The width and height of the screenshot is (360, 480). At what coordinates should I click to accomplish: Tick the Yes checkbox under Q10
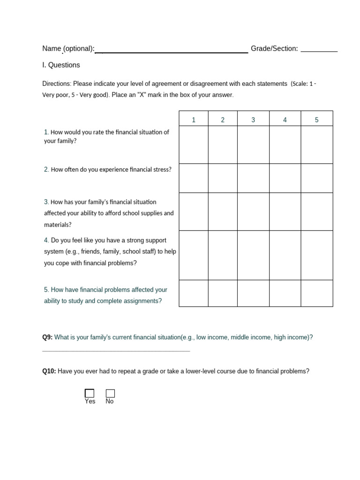click(90, 393)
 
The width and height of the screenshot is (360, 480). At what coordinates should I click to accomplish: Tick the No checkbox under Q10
click(110, 393)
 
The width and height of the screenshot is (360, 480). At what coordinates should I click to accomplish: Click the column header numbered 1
click(194, 120)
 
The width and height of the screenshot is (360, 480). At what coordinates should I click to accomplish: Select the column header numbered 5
click(317, 120)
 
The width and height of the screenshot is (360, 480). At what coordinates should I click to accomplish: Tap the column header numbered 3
click(253, 120)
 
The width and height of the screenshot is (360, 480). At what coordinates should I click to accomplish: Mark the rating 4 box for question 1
click(285, 144)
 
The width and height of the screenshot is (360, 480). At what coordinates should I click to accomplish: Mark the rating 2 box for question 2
click(223, 178)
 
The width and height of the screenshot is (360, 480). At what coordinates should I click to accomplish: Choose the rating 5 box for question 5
click(317, 293)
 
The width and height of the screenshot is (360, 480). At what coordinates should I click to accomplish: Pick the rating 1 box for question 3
click(194, 211)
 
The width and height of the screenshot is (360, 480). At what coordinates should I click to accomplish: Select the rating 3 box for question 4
click(253, 255)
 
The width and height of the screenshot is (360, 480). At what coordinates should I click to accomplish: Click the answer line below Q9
click(116, 350)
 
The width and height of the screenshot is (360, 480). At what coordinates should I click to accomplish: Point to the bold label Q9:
click(47, 337)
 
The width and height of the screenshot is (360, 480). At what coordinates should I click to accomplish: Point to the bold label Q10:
click(49, 371)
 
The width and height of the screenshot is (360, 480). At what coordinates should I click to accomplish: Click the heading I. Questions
click(61, 65)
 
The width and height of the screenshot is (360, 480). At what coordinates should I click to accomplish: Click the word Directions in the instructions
click(56, 84)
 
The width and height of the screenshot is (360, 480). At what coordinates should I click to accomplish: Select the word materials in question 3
click(57, 225)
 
